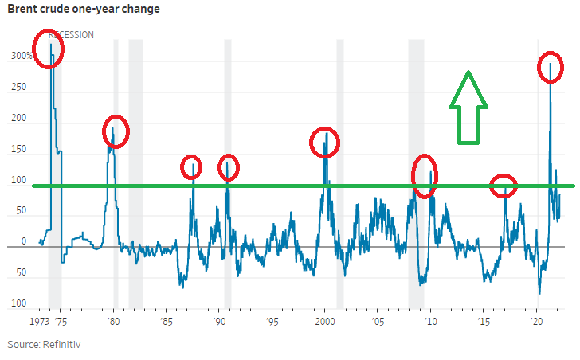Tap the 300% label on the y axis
[22, 57]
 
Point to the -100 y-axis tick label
[18, 303]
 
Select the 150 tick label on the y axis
[18, 149]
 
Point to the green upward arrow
[468, 108]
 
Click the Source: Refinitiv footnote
[45, 344]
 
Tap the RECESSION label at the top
[71, 35]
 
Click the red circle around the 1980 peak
[115, 131]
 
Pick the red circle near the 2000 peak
[324, 143]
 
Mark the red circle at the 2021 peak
[550, 67]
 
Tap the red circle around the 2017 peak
[503, 186]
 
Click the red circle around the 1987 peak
[191, 168]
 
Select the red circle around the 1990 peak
[228, 167]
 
